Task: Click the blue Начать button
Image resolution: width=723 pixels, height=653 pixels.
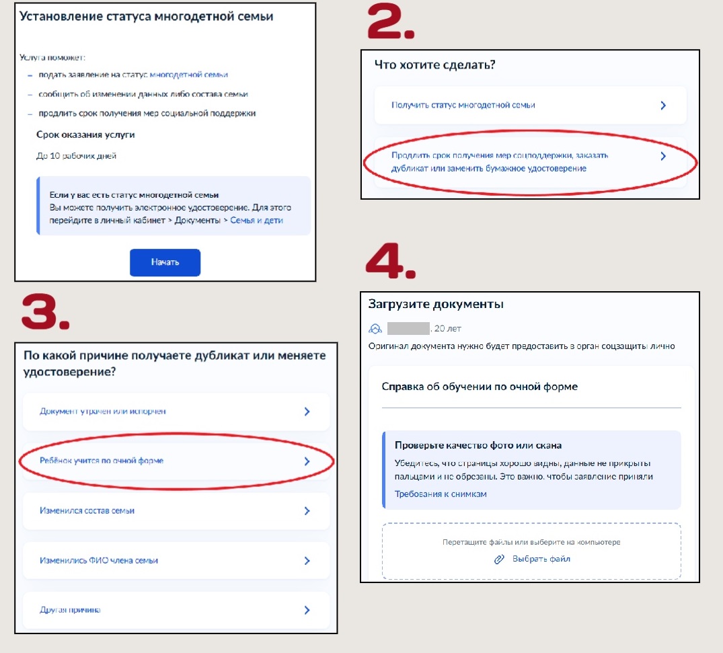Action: click(x=165, y=262)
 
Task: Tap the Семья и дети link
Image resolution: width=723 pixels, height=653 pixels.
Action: click(x=256, y=221)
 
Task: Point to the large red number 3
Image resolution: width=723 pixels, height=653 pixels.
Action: click(x=45, y=313)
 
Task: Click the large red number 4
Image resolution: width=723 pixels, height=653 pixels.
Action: click(x=391, y=261)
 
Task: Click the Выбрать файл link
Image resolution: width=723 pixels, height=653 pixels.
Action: click(x=541, y=559)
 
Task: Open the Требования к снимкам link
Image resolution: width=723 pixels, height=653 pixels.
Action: click(x=441, y=494)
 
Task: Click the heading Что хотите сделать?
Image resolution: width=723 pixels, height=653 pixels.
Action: click(x=435, y=65)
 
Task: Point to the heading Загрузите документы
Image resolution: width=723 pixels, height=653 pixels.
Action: click(x=436, y=305)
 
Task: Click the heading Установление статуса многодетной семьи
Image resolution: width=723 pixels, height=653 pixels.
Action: click(x=146, y=17)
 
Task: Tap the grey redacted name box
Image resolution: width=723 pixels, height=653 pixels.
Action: click(x=408, y=328)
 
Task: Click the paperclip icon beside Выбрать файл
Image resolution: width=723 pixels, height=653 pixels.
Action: click(x=499, y=560)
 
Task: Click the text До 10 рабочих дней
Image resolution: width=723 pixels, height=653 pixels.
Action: click(x=76, y=156)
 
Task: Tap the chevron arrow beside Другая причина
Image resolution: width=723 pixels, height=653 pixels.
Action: click(x=307, y=610)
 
